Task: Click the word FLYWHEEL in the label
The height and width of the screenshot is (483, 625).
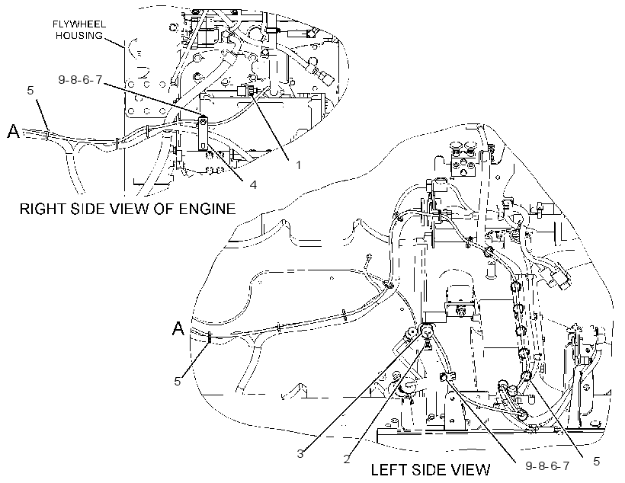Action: click(79, 24)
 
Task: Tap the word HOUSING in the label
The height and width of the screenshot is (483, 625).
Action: click(79, 36)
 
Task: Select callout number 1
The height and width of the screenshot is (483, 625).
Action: click(298, 165)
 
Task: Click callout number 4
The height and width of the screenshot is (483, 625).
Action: click(253, 184)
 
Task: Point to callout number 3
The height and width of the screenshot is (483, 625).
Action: click(300, 453)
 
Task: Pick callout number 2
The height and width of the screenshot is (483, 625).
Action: click(347, 459)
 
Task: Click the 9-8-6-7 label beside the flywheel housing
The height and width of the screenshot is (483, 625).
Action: click(80, 80)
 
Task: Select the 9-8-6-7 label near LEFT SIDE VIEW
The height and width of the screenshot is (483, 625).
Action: click(547, 465)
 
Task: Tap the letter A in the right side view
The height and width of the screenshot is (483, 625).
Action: click(14, 131)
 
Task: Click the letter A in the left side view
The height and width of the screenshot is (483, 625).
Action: click(178, 328)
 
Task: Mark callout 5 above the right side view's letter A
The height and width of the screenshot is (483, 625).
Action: click(30, 91)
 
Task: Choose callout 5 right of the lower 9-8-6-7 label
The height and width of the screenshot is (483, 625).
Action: click(596, 461)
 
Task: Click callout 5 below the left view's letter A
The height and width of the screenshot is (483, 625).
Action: click(178, 381)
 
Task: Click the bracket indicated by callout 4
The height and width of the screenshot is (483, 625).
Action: click(204, 133)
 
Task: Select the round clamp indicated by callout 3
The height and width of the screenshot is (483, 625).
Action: click(427, 330)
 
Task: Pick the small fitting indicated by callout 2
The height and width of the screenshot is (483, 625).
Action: click(428, 344)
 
